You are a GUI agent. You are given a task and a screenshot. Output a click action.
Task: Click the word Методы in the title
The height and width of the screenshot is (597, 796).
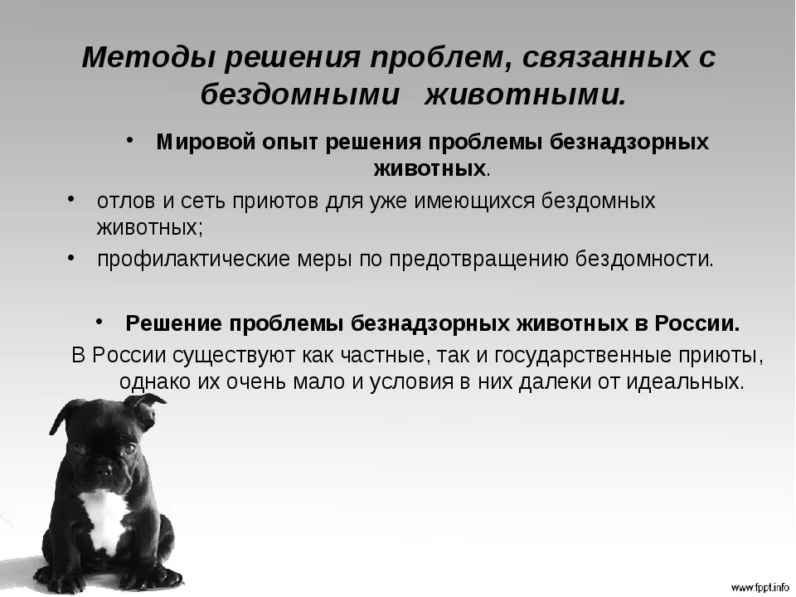148,57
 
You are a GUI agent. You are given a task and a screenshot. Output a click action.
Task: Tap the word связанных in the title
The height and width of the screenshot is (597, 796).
604,57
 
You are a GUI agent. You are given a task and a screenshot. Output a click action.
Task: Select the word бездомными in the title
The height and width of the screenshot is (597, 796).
300,95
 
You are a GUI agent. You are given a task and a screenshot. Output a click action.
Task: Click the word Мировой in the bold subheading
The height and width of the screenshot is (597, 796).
206,142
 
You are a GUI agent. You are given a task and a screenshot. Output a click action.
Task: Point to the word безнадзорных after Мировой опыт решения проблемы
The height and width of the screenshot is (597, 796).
629,142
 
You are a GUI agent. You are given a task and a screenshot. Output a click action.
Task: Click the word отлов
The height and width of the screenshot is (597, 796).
126,201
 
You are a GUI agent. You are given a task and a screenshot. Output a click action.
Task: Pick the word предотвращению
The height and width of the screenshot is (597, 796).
479,260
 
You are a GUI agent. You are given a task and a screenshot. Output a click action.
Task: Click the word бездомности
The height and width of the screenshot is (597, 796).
645,260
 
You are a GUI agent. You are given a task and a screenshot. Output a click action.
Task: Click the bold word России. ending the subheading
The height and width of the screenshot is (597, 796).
697,323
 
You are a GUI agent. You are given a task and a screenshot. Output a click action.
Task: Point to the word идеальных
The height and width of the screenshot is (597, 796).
686,381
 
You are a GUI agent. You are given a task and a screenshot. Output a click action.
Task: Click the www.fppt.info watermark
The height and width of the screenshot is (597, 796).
760,588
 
